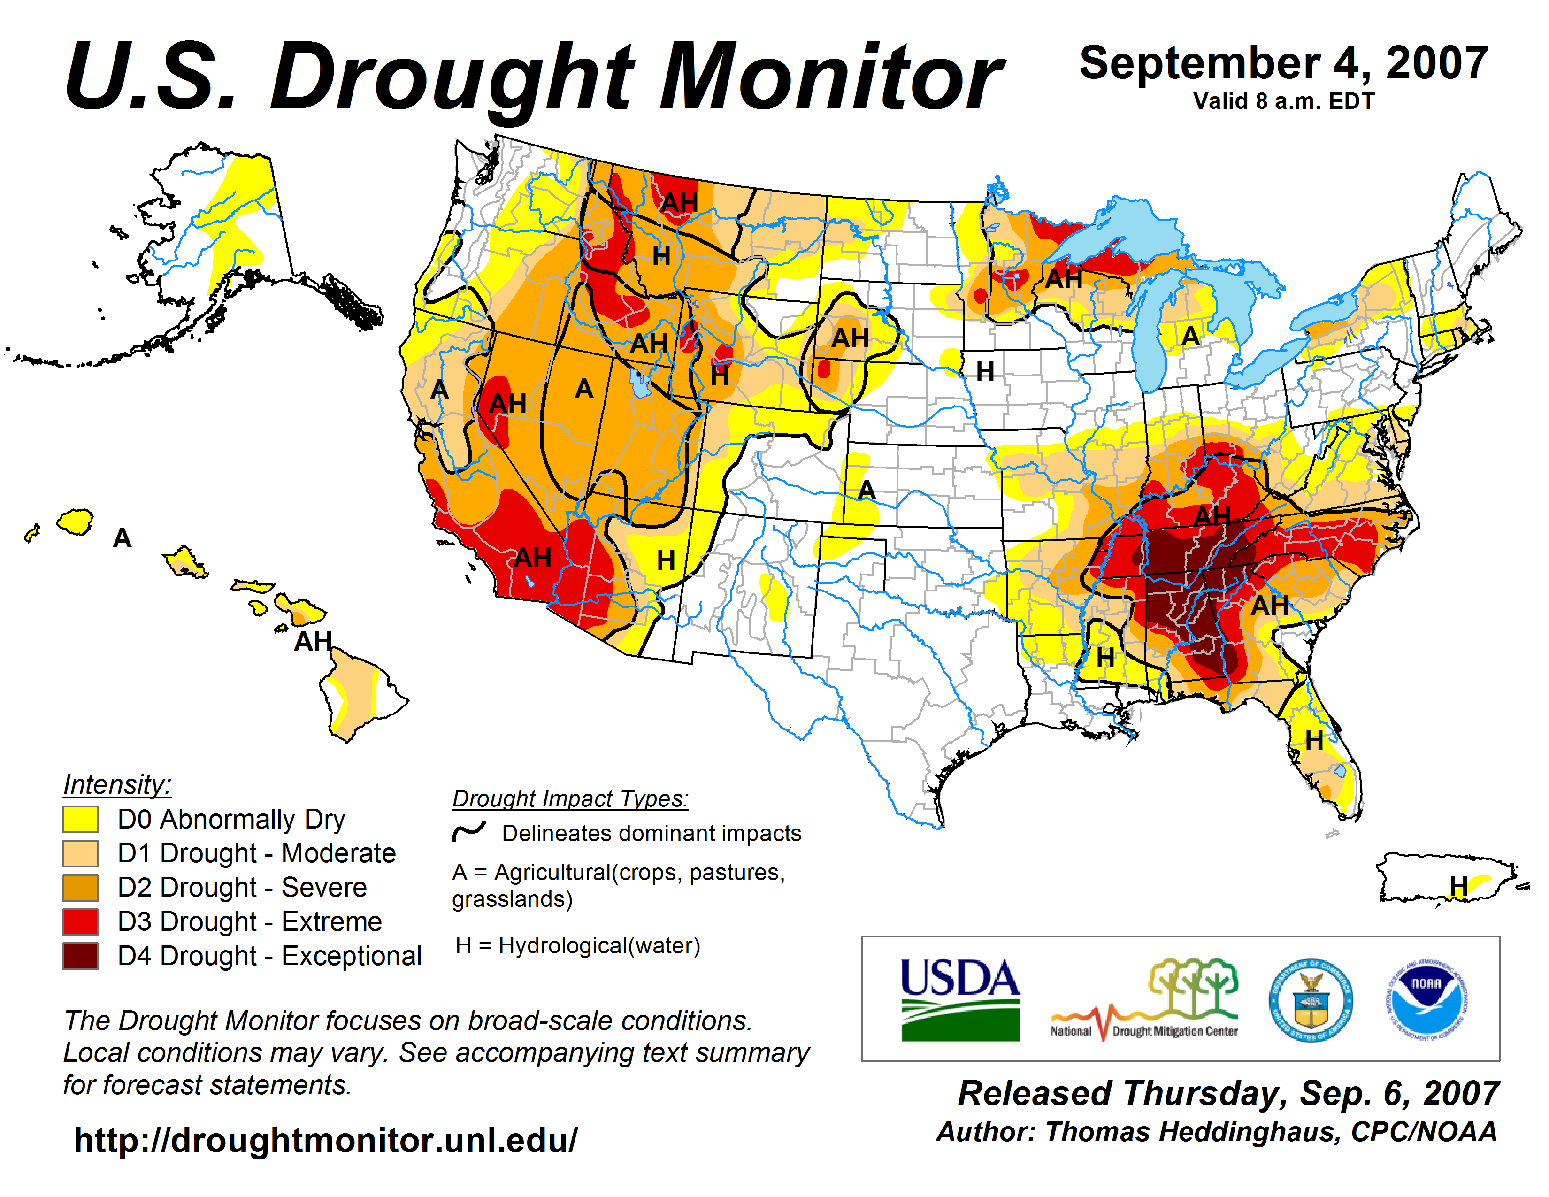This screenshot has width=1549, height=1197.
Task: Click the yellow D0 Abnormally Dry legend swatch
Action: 79,819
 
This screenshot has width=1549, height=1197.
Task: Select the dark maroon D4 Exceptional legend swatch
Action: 79,956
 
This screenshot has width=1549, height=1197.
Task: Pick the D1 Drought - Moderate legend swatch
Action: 79,853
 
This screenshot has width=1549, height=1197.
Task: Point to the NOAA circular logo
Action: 1426,1000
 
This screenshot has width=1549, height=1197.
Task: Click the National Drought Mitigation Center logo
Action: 1143,1000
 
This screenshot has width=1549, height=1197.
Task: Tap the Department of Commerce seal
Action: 1311,1000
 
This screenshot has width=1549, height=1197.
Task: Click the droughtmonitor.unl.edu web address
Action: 326,1140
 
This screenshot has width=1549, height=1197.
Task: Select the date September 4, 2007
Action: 1283,63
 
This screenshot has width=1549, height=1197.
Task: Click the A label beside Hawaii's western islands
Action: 122,538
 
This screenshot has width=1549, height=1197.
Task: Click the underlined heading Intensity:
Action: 117,785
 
